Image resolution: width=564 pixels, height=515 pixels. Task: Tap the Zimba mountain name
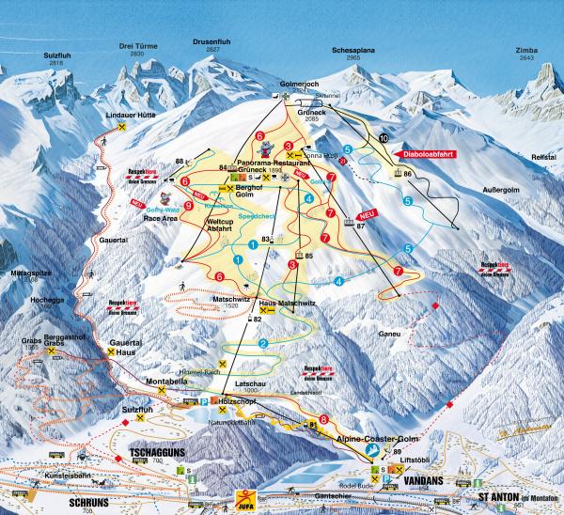coord(525,50)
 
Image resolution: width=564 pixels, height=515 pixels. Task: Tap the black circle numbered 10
coord(383,139)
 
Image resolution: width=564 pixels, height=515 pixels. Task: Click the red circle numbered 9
coord(189,205)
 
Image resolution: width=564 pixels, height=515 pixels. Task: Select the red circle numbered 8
coord(324,419)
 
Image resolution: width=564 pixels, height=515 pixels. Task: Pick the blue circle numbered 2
coord(264,344)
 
